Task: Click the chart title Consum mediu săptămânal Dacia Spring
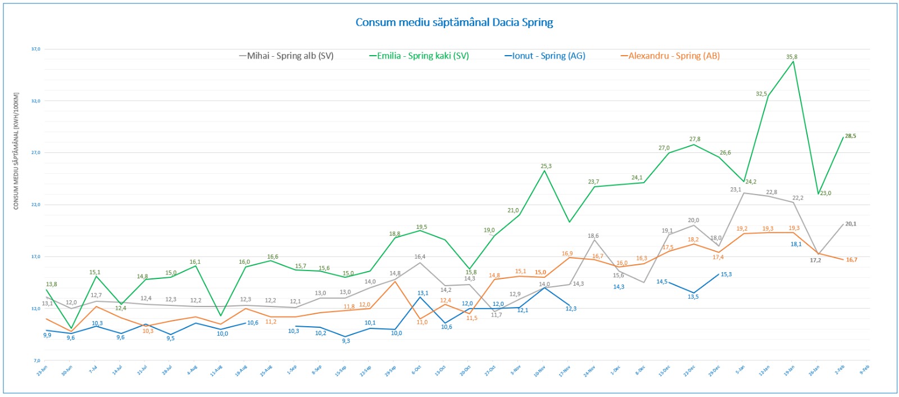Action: [454, 22]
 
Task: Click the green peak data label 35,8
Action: [792, 57]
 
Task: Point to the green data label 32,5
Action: [761, 94]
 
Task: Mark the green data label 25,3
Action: [546, 166]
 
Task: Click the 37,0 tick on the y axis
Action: [36, 49]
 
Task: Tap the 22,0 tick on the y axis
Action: [36, 205]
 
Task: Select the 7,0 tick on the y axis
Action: [37, 360]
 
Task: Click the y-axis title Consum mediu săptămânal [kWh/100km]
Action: [16, 151]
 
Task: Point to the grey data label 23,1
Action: [735, 190]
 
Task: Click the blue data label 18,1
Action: [796, 244]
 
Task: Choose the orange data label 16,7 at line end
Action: [852, 260]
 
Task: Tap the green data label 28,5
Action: [851, 136]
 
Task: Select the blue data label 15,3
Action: [726, 274]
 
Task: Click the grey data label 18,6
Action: [593, 236]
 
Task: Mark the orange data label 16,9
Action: [567, 254]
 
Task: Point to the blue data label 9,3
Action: [346, 341]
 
